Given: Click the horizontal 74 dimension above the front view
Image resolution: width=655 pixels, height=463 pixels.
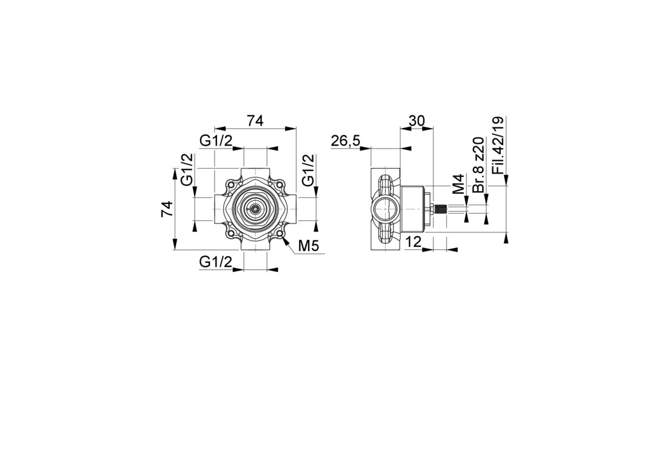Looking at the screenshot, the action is coord(255,121).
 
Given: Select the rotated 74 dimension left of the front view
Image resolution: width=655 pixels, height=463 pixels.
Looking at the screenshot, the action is coord(167,209).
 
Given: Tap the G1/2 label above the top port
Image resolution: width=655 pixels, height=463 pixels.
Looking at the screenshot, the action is coord(215,141).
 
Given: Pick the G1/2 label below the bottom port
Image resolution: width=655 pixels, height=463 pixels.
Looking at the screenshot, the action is coord(215,262).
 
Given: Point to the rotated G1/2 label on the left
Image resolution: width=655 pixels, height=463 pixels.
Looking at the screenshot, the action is coord(187,169).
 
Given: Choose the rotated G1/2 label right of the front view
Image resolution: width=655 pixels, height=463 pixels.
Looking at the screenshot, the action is coord(308,169).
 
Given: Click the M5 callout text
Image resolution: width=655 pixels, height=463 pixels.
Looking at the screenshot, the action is coord(309,246).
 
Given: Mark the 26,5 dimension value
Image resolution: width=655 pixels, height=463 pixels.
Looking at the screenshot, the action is coord(346,141).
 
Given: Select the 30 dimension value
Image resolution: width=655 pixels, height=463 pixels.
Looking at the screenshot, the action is coord(417,121).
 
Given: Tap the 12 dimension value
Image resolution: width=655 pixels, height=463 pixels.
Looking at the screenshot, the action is coord(413,242).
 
